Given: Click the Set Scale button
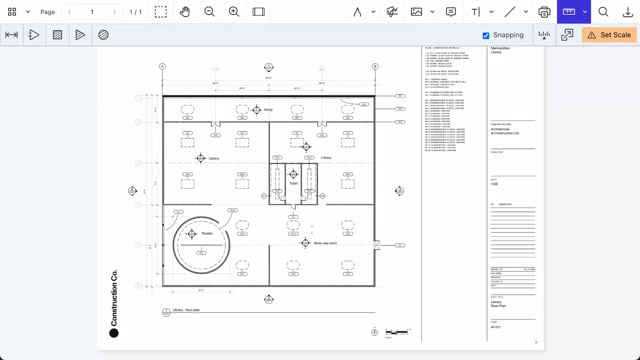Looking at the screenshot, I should coord(608,35).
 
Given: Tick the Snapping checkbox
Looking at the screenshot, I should coord(486,35).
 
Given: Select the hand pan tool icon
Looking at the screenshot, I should coord(185,12).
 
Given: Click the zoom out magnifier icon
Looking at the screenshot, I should coord(210,12).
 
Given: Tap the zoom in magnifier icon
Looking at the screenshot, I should coord(234,12).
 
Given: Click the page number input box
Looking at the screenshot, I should coord(92,12).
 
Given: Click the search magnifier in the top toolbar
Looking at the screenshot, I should coord(603,12).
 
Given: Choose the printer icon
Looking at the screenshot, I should coord(544,12).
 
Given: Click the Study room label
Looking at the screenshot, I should coord(268,110).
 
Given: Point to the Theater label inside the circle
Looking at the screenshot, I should coord(207,233).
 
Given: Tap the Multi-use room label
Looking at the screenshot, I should coord(326,243).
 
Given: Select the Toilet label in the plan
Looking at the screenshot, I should coord(294,183).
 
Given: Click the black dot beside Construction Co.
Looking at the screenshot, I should coord(113,333).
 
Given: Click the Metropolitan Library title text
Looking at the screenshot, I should coord(500,51).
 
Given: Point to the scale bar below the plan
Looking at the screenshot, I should coord(397,331).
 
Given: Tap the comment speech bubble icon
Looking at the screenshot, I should coord(451,12).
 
